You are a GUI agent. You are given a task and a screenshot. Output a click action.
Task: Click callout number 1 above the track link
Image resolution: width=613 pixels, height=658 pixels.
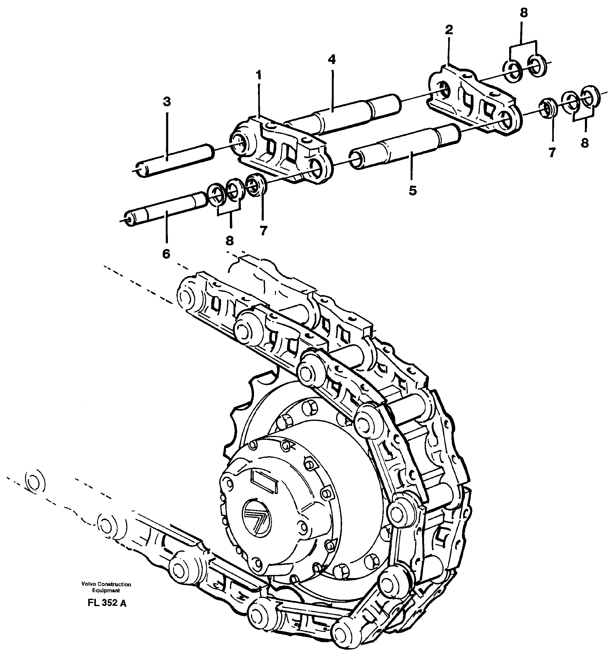coord(258,75)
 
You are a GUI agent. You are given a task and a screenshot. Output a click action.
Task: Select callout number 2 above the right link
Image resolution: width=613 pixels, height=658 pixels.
coord(448,30)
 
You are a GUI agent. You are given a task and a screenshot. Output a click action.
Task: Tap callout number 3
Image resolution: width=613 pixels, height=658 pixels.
coord(167,102)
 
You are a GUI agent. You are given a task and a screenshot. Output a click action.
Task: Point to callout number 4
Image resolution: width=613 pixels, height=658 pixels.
coord(332,60)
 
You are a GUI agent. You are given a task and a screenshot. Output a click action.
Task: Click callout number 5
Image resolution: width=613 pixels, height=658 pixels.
coord(412,191)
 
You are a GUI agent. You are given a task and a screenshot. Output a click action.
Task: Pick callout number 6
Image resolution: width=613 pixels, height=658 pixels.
coord(166,254)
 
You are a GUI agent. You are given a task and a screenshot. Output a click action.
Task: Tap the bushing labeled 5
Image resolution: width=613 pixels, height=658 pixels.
coord(405,146)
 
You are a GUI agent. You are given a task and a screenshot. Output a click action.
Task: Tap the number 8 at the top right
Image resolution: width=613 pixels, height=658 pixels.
coord(523,13)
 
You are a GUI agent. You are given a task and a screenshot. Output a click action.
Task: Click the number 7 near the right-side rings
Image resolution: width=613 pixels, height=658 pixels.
coord(551,153)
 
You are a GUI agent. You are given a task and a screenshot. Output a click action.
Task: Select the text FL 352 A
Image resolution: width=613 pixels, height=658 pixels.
coord(107,603)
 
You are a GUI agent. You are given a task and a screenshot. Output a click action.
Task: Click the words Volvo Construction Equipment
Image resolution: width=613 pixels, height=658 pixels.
coord(106,587)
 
